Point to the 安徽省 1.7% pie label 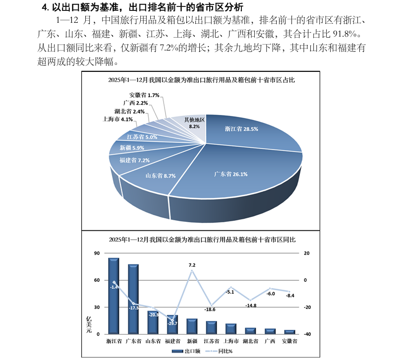144,95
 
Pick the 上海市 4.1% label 117,119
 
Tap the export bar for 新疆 191,326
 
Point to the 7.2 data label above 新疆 192,265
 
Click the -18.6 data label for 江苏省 210,309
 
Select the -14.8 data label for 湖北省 251,306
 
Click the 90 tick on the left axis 97,254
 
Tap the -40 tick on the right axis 306,334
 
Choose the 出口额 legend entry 186,351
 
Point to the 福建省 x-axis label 172,341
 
